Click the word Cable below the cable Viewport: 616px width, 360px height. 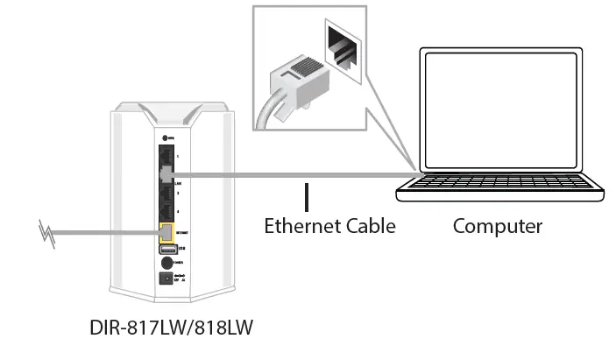pyautogui.click(x=369, y=226)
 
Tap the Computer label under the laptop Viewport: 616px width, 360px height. pyautogui.click(x=497, y=226)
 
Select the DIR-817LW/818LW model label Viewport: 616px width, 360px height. pyautogui.click(x=171, y=327)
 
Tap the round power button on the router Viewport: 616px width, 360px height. pyautogui.click(x=166, y=265)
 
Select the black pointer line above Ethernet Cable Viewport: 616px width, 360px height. pyautogui.click(x=307, y=196)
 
